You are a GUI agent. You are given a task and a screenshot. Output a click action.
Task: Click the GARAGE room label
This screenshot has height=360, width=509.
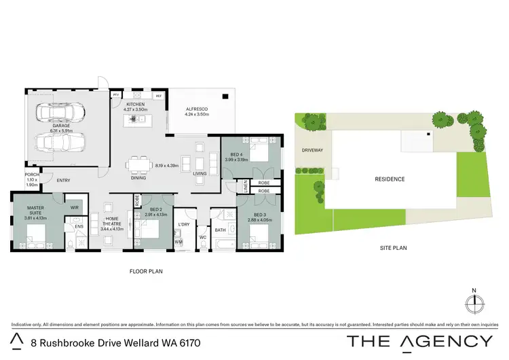pyautogui.click(x=62, y=126)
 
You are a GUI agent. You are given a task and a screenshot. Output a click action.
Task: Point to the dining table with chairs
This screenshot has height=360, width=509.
pyautogui.click(x=138, y=164)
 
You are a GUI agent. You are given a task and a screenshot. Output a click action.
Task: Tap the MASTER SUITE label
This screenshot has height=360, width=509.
pyautogui.click(x=35, y=211)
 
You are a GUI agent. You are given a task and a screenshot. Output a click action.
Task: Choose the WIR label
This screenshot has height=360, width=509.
pyautogui.click(x=75, y=207)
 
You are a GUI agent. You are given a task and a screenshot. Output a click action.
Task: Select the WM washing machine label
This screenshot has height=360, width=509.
pyautogui.click(x=179, y=241)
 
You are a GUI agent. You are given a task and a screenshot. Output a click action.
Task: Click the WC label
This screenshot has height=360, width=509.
pyautogui.click(x=202, y=237)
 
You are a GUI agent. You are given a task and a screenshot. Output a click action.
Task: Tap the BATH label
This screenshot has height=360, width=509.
pyautogui.click(x=221, y=230)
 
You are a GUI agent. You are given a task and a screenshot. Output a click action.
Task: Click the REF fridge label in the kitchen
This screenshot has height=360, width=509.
pyautogui.click(x=159, y=96)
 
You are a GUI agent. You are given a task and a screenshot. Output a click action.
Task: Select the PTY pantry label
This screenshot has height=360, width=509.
pyautogui.click(x=116, y=94)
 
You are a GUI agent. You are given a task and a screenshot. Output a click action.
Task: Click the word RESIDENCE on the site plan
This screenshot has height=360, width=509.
pyautogui.click(x=390, y=179)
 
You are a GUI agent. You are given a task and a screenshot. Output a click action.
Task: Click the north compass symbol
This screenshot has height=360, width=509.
pyautogui.click(x=474, y=300)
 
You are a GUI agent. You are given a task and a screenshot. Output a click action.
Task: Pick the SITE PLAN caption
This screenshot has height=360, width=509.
pyautogui.click(x=393, y=249)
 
